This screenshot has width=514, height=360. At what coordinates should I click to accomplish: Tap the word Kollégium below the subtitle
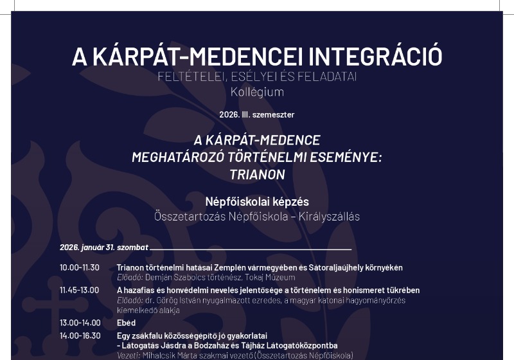click(x=257, y=92)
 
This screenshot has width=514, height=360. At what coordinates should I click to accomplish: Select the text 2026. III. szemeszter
click(x=256, y=115)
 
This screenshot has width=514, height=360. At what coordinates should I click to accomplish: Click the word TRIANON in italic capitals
click(x=256, y=174)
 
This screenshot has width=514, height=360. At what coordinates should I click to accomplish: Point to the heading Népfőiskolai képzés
click(x=256, y=201)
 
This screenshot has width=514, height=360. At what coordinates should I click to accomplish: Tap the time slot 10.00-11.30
click(x=80, y=267)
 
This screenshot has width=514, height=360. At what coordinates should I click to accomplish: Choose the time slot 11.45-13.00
click(x=80, y=290)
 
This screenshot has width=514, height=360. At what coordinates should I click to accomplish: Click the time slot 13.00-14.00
click(x=80, y=323)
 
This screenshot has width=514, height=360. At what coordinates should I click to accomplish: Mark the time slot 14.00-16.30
click(x=80, y=336)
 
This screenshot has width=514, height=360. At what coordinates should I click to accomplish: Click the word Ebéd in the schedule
click(x=126, y=323)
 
